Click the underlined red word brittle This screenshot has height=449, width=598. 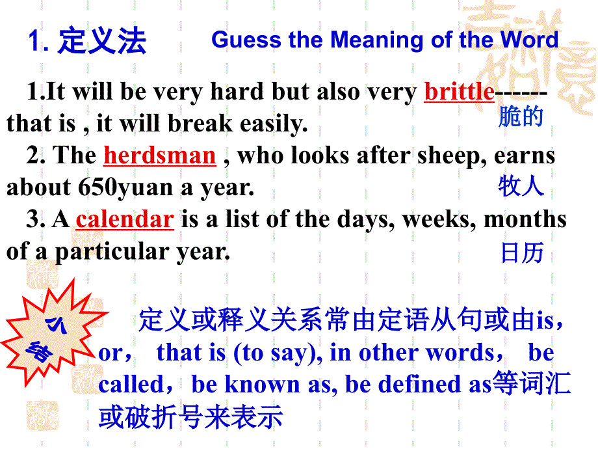pyautogui.click(x=459, y=92)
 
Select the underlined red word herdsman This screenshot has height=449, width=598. pyautogui.click(x=159, y=156)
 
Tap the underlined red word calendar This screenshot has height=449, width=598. pyautogui.click(x=125, y=219)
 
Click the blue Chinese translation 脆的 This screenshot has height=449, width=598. pyautogui.click(x=520, y=117)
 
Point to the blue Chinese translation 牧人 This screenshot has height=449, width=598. pyautogui.click(x=520, y=186)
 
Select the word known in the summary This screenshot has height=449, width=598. pyautogui.click(x=261, y=384)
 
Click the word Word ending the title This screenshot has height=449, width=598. pyautogui.click(x=529, y=40)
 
